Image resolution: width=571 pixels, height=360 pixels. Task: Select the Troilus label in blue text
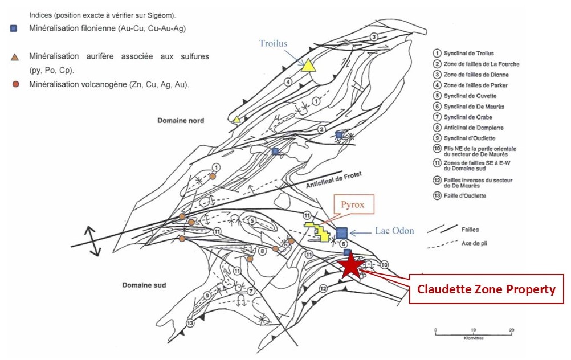pyautogui.click(x=273, y=44)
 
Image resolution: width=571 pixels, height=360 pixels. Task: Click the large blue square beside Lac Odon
pyautogui.click(x=341, y=232)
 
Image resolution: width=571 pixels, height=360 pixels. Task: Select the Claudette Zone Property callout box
pyautogui.click(x=486, y=289)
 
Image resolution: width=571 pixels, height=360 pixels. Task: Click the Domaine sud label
pyautogui.click(x=144, y=284)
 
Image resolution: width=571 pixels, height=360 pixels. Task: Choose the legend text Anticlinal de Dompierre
pyautogui.click(x=474, y=128)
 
